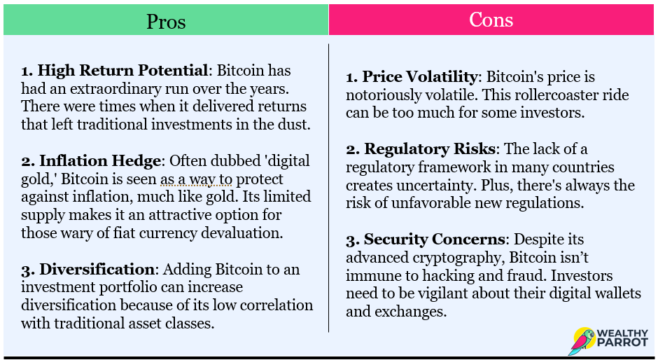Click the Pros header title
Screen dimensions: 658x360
[166, 22]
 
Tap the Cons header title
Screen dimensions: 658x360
[491, 20]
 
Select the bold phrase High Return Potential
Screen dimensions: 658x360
[122, 71]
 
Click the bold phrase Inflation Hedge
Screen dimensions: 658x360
[100, 160]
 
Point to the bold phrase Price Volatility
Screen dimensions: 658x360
[419, 77]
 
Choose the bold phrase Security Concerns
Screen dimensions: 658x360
[434, 239]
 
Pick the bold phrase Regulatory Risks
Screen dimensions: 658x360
[430, 148]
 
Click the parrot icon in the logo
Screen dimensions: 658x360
[582, 341]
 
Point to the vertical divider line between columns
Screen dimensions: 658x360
[328, 187]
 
